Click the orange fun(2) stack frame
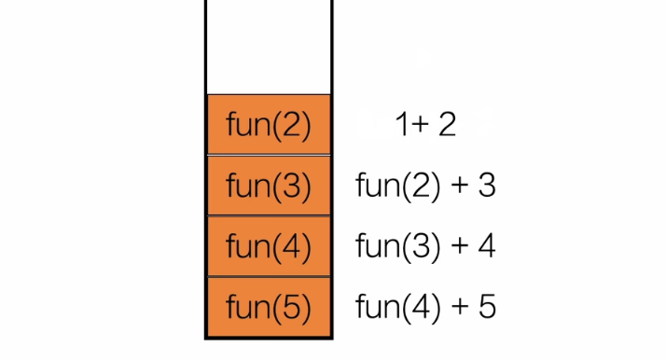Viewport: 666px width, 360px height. [x=268, y=124]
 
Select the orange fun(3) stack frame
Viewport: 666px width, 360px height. [x=268, y=186]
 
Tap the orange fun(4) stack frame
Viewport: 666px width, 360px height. [x=268, y=246]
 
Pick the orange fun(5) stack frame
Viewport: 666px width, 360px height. [x=268, y=307]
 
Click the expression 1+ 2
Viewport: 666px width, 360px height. [x=424, y=124]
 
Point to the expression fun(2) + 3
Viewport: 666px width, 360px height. [x=425, y=186]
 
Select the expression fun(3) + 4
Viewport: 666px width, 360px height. [x=425, y=246]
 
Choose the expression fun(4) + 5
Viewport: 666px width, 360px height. [x=425, y=307]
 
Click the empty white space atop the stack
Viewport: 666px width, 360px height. [x=268, y=47]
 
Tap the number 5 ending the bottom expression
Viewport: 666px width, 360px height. [x=486, y=307]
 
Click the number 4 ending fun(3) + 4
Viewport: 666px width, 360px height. [x=486, y=246]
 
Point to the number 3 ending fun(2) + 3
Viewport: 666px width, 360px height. [x=486, y=186]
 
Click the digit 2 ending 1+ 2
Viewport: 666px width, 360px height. [x=447, y=124]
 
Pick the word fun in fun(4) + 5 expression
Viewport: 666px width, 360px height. [x=375, y=307]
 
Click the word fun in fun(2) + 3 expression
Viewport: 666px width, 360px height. [x=375, y=186]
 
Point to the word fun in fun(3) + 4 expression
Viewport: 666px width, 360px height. [x=375, y=246]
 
